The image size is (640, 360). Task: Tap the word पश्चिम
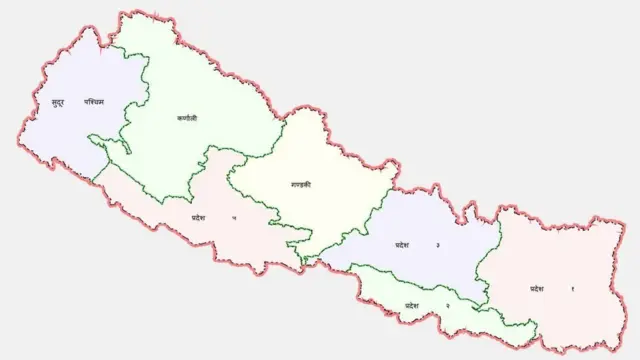(94, 100)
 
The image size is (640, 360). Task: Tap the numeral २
(446, 304)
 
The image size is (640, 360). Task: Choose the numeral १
(573, 288)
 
